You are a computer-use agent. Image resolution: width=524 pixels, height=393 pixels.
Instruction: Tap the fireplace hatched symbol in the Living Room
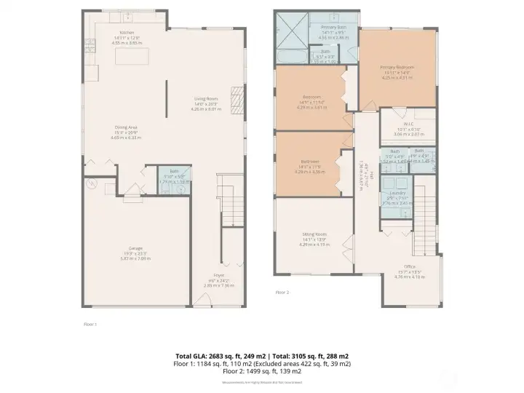click(x=236, y=97)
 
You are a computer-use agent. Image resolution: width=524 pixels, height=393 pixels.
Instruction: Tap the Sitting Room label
click(x=314, y=238)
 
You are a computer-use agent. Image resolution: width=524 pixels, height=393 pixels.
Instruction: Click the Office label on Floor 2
click(x=409, y=271)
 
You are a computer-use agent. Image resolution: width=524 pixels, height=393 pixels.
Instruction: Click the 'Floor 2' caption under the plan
click(x=282, y=292)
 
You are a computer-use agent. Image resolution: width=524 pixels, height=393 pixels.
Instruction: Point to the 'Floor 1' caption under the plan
click(x=90, y=323)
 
